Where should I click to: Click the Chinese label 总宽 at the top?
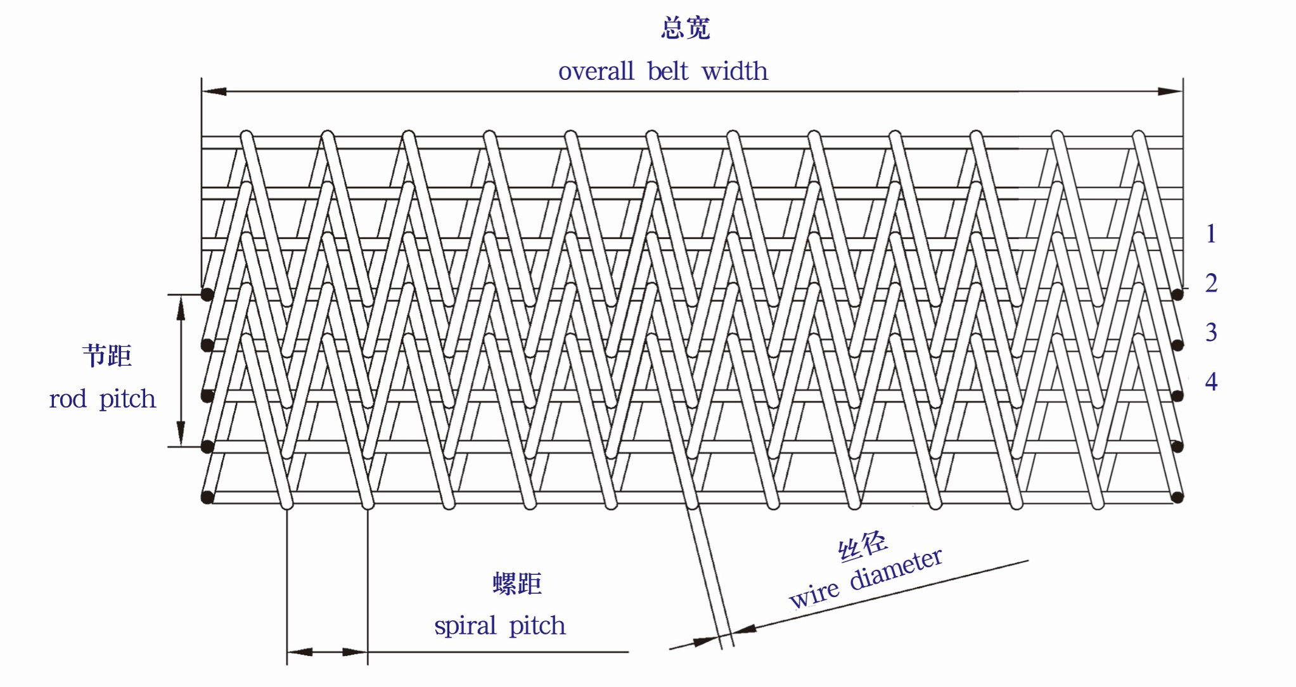686,29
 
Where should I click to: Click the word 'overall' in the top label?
596,71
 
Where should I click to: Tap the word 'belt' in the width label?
667,71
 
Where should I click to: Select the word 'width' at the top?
735,71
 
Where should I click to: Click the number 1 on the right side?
1210,234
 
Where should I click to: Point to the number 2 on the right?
1211,283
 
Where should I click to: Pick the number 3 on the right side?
1211,332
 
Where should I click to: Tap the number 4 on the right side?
1211,382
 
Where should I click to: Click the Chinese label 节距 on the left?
107,356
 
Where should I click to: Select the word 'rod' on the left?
68,399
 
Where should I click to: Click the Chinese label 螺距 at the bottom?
517,584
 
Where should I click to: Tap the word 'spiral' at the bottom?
465,626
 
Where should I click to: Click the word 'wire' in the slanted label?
814,595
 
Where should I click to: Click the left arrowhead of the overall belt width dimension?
214,91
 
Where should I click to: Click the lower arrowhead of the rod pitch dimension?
181,434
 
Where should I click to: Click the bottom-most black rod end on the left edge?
207,498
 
